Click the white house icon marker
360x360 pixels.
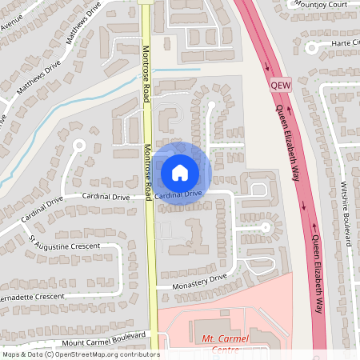[x=180, y=171]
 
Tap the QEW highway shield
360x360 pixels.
[x=281, y=83]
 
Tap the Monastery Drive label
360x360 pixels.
[x=201, y=281]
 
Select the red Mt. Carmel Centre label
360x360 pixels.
[x=226, y=340]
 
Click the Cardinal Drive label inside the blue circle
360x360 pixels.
[x=179, y=194]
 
